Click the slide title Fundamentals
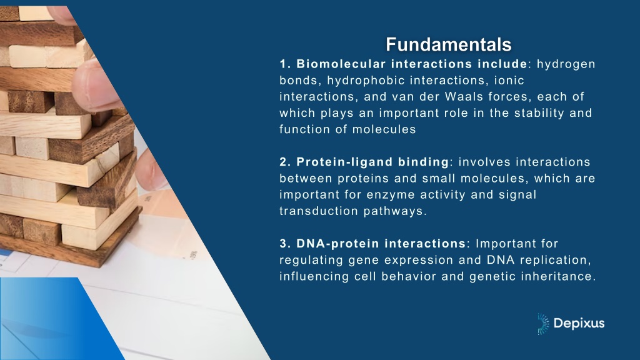click(449, 44)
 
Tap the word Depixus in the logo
click(579, 324)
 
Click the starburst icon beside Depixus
click(543, 324)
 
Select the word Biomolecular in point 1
click(341, 64)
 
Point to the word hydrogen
click(566, 64)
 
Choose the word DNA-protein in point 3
click(338, 244)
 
